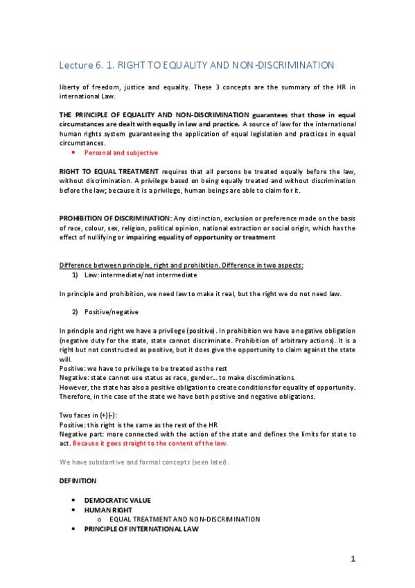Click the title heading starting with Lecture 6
196,65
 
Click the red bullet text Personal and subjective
121,152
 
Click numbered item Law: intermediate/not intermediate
124,275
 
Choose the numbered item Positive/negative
110,313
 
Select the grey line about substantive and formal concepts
149,461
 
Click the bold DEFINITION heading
78,480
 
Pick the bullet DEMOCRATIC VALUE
117,499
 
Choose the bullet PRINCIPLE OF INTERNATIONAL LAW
141,528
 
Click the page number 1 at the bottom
352,560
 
